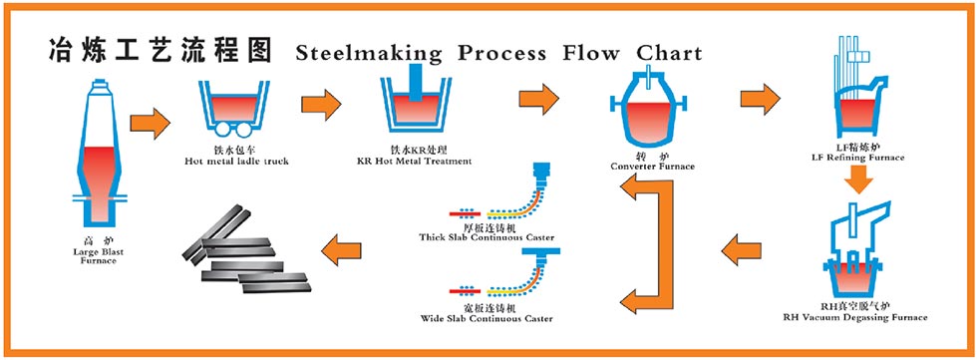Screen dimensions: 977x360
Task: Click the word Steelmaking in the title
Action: coord(368,53)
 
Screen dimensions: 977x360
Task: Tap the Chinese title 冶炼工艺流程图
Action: coord(160,51)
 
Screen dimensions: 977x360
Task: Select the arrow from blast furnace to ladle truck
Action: coord(150,124)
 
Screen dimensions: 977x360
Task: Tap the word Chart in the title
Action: coord(670,53)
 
